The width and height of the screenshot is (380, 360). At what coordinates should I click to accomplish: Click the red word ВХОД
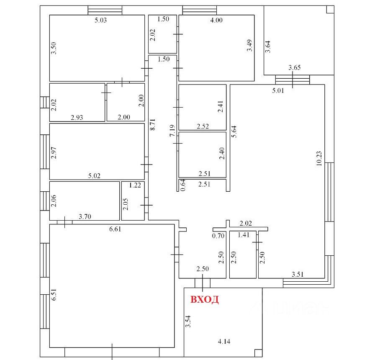pyautogui.click(x=205, y=300)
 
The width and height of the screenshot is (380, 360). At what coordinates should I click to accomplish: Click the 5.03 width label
pyautogui.click(x=100, y=21)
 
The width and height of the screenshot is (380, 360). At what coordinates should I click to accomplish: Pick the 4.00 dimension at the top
pyautogui.click(x=216, y=21)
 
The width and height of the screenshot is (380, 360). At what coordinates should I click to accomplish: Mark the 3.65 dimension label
pyautogui.click(x=295, y=67)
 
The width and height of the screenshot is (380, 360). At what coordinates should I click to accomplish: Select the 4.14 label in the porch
pyautogui.click(x=225, y=342)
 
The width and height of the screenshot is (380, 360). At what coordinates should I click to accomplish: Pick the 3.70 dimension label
pyautogui.click(x=85, y=216)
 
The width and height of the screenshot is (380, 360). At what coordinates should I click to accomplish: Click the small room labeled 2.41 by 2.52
pyautogui.click(x=203, y=107)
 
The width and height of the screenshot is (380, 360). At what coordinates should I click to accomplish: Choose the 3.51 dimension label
pyautogui.click(x=298, y=275)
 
